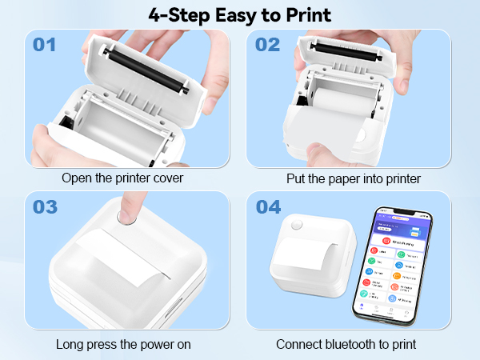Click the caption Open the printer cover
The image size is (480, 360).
tap(121, 178)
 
